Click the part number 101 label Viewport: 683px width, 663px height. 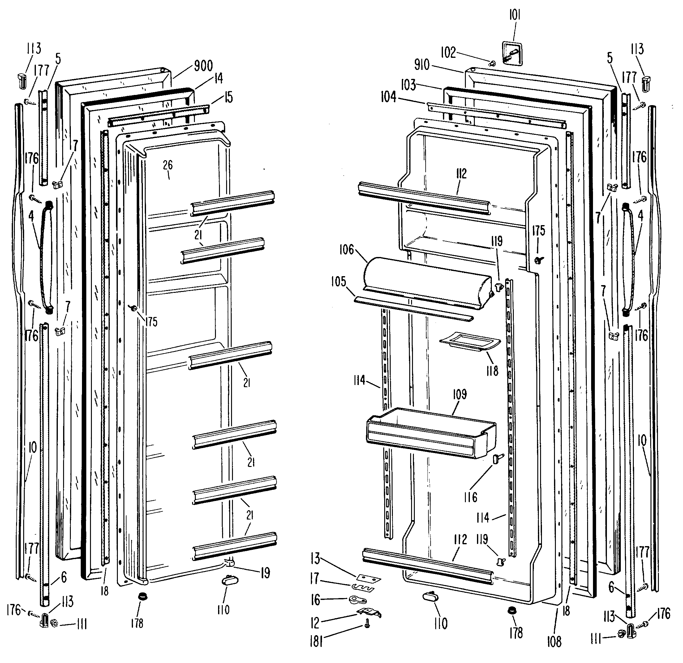click(515, 16)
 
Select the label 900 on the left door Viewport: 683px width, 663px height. click(203, 66)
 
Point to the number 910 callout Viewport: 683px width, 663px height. click(422, 65)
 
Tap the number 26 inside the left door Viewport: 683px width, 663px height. click(168, 165)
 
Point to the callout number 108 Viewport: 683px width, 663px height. click(554, 641)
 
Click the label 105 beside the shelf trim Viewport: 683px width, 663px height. click(338, 281)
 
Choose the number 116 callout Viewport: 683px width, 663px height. click(470, 497)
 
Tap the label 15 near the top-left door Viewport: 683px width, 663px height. click(228, 97)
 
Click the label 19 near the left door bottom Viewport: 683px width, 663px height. click(265, 573)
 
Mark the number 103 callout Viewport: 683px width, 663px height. click(408, 84)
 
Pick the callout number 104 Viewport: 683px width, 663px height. click(388, 97)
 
